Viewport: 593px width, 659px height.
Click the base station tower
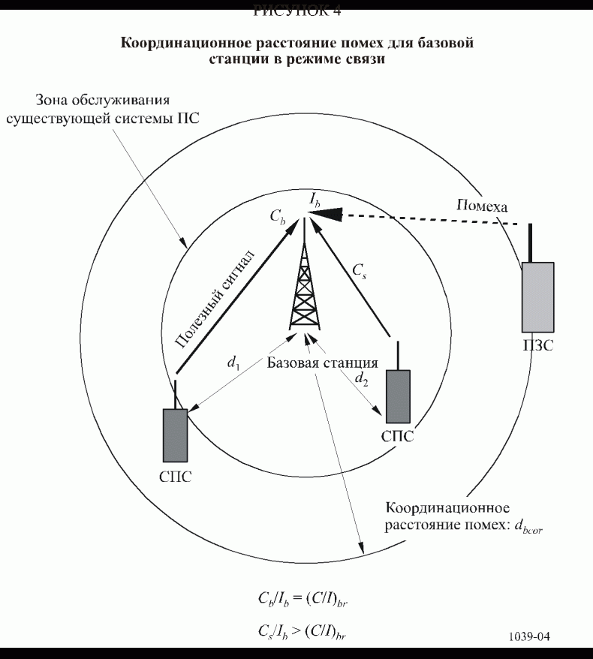304,289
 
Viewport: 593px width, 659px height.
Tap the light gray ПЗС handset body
537,296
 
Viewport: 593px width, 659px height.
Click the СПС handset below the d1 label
175,435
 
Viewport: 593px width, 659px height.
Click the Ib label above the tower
315,199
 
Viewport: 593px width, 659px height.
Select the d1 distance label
234,361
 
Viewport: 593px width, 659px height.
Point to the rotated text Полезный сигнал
215,298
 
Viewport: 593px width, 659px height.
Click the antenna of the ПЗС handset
531,242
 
